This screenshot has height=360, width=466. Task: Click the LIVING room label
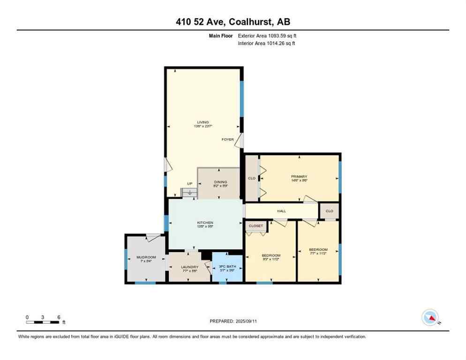[203, 122]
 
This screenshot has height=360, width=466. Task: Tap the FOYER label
[228, 139]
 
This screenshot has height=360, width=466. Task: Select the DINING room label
[220, 182]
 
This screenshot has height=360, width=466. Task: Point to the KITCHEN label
[205, 223]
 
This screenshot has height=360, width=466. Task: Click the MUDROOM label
[146, 257]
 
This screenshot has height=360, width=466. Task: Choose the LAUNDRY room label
[190, 267]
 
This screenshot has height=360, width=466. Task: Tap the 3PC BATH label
[227, 267]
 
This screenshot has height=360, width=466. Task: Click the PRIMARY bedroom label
[299, 176]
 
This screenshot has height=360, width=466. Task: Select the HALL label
[281, 211]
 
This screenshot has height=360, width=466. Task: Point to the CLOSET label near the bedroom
[256, 226]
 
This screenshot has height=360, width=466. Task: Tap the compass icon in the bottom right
[430, 317]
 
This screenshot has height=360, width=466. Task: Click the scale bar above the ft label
[43, 322]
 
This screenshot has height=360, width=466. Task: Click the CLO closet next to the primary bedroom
[252, 178]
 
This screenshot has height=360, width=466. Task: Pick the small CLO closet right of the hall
[329, 211]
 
